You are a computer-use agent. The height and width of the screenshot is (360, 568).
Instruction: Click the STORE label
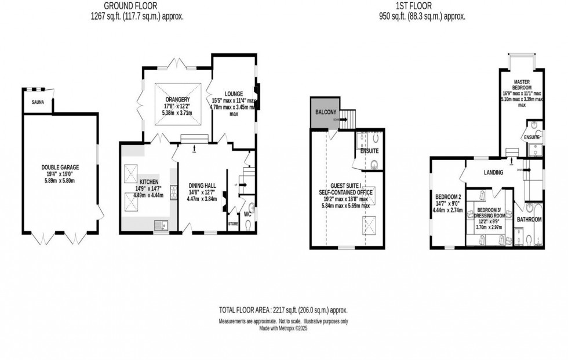[232, 223]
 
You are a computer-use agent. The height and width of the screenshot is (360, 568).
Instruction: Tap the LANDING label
[493, 173]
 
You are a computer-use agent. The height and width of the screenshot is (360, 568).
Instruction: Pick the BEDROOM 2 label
[448, 197]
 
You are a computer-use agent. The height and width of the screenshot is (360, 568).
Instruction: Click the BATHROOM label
[529, 220]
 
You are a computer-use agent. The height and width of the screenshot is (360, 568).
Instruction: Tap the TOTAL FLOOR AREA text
[283, 310]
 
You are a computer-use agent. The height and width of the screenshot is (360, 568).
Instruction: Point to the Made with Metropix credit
[283, 329]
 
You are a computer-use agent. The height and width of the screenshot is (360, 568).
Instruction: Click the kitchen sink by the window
[160, 226]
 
